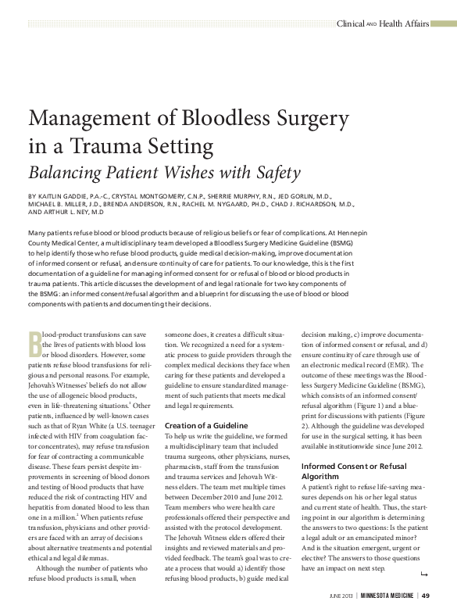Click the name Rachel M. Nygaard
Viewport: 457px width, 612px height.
point(252,202)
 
